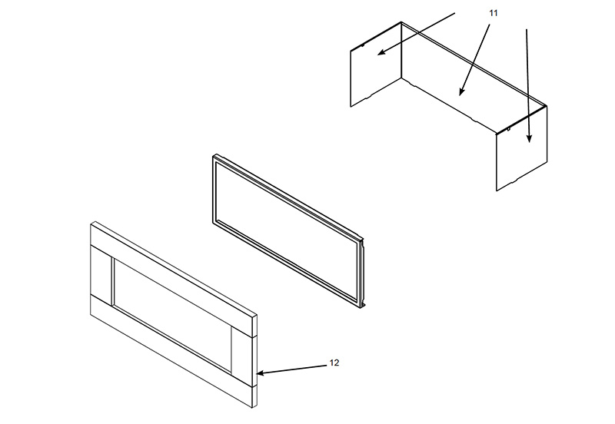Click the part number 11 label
pos(493,13)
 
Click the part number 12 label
pos(334,363)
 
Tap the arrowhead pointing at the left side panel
pos(381,52)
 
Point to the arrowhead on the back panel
pos(461,91)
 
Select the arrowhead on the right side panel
pos(529,138)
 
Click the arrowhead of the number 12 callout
pos(261,373)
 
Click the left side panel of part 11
pos(376,65)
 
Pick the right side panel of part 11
pos(522,148)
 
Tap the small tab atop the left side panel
pos(362,45)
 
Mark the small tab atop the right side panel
pos(508,128)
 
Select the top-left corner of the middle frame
pos(214,156)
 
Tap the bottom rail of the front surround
pos(172,351)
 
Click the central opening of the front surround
pos(171,315)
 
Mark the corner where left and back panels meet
pos(401,50)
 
